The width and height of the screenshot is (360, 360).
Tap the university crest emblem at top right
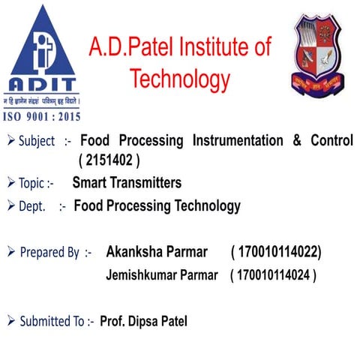point(320,52)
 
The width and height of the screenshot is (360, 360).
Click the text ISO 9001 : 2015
point(42,116)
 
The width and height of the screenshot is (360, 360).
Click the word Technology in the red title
point(179,78)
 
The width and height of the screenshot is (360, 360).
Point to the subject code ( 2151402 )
point(109,160)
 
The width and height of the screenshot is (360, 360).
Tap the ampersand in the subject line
point(296,141)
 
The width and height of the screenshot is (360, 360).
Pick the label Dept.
point(32,206)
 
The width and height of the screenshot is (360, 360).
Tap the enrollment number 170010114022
point(277,251)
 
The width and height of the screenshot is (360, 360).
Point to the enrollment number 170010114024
point(274,275)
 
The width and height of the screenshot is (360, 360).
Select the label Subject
point(37,141)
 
